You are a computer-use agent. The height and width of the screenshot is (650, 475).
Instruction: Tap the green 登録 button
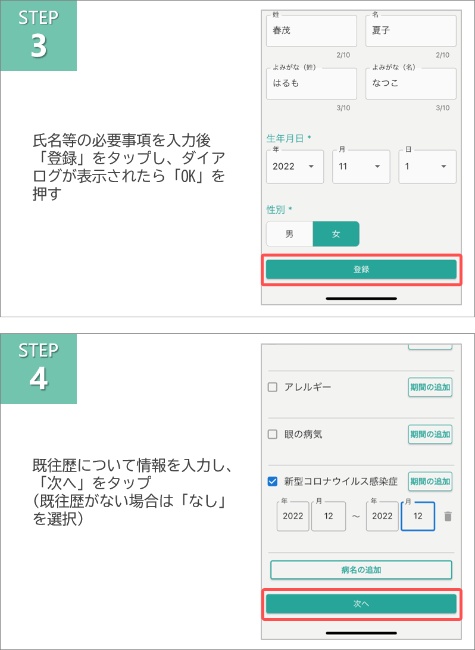(361, 270)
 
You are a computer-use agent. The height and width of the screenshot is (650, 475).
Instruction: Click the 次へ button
(361, 604)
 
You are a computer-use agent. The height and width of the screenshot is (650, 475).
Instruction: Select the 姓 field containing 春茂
(311, 31)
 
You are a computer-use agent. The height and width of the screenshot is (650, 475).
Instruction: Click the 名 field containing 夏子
(411, 31)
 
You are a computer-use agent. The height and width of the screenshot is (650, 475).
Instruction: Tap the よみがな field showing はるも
(311, 83)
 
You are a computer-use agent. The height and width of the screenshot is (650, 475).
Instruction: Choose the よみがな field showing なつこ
(411, 83)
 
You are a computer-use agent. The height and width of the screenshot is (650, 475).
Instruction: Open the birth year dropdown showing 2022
(295, 167)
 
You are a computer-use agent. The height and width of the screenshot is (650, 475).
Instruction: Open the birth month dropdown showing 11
(361, 167)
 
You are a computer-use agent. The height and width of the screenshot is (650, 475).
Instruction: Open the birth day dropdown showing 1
(427, 167)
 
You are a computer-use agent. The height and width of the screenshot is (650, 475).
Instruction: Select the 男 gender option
(289, 234)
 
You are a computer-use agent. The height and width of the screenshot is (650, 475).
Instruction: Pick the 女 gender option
(336, 234)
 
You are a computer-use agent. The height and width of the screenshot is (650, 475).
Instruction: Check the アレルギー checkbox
(272, 387)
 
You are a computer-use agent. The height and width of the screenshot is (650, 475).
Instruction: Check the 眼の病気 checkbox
(272, 435)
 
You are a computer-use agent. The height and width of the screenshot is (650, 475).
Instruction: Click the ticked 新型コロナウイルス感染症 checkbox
(272, 482)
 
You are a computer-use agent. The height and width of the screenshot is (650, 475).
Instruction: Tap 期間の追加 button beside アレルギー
(430, 387)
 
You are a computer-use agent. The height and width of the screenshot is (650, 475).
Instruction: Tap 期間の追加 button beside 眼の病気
(430, 435)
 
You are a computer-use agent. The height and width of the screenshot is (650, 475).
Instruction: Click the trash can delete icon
(448, 516)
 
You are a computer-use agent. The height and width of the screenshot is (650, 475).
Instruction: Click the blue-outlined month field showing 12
(418, 516)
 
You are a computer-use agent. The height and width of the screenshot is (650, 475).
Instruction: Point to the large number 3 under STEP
(39, 46)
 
